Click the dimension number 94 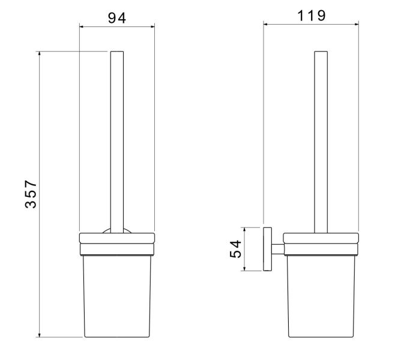click(x=117, y=18)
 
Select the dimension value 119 click(x=312, y=16)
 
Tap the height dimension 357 click(x=31, y=194)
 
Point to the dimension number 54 click(x=236, y=249)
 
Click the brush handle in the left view click(x=117, y=142)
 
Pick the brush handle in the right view click(x=321, y=142)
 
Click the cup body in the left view click(x=117, y=296)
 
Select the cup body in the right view click(x=321, y=296)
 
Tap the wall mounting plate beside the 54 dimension click(x=268, y=249)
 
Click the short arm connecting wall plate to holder click(x=277, y=249)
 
